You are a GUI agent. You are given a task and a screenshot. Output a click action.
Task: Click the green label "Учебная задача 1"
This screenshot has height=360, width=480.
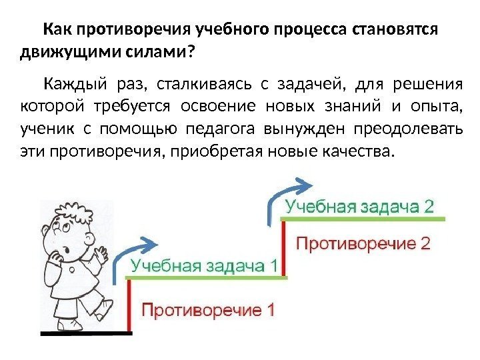pos(204,266)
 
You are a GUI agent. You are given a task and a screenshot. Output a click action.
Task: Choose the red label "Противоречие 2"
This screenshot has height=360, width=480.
pos(363,243)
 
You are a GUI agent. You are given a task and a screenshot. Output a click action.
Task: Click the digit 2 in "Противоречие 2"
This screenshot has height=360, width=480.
pos(425,243)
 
